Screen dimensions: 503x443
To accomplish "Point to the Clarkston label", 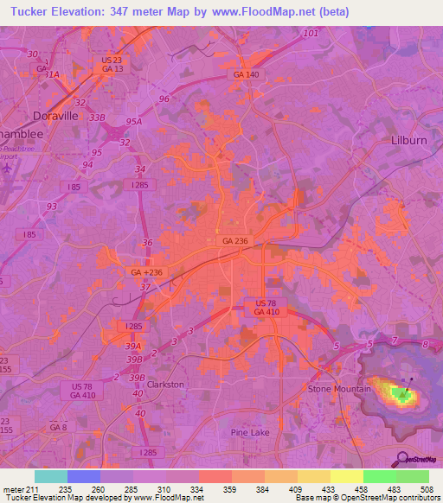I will coord(165,384).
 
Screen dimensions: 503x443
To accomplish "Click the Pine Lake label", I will coord(251,430).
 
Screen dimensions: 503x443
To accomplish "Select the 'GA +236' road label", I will coord(146,271).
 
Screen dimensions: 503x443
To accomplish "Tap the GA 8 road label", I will coord(58,427).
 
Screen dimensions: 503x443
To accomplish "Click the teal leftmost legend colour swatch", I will coord(51,476).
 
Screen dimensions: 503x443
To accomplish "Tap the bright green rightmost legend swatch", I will coord(413,476).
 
